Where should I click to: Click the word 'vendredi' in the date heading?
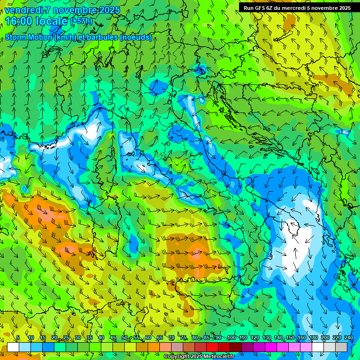(24, 10)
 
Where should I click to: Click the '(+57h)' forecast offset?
(81, 21)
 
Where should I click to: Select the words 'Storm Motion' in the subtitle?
(28, 37)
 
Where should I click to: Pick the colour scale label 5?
(18, 337)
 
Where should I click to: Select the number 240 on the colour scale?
(348, 337)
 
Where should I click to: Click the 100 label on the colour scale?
(231, 337)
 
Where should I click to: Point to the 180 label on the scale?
(313, 337)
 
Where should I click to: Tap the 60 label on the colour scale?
(148, 337)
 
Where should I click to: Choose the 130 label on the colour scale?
(266, 337)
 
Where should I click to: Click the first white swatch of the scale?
(13, 347)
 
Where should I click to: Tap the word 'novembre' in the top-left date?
(76, 10)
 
